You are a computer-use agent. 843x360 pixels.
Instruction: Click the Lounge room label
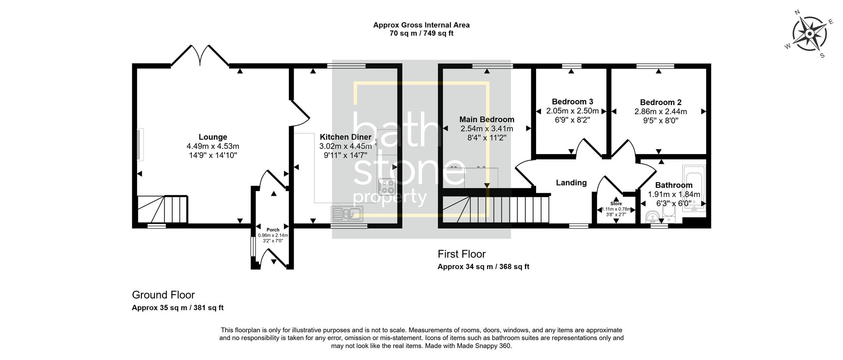pos(213,137)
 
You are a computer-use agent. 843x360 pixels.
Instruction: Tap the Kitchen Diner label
pos(346,137)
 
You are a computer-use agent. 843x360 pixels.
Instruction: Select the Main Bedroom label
pos(486,119)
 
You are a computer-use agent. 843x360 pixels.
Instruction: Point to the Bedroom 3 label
pos(572,102)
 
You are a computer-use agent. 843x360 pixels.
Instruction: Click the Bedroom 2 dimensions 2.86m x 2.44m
pos(660,112)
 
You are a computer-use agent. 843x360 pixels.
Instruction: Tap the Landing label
pos(571,183)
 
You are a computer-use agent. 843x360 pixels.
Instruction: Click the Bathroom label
pos(674,185)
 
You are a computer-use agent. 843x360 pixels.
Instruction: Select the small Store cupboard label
pos(616,204)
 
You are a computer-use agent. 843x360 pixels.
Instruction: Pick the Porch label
pos(273,230)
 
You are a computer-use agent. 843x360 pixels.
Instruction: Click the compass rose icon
pos(809,33)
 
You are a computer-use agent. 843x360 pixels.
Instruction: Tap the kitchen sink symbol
pos(347,214)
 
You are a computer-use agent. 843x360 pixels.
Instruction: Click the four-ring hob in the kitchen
pos(387,186)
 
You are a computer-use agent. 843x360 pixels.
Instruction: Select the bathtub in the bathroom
pos(694,188)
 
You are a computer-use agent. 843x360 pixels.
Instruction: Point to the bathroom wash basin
pos(653,216)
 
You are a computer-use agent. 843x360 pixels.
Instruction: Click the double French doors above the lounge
pos(200,56)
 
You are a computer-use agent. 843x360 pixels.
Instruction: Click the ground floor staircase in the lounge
pos(162,209)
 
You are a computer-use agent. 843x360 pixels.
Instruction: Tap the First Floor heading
pos(461,254)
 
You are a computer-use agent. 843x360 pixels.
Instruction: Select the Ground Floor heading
pos(163,295)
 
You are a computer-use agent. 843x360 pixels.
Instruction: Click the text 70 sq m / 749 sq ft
pos(421,33)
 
